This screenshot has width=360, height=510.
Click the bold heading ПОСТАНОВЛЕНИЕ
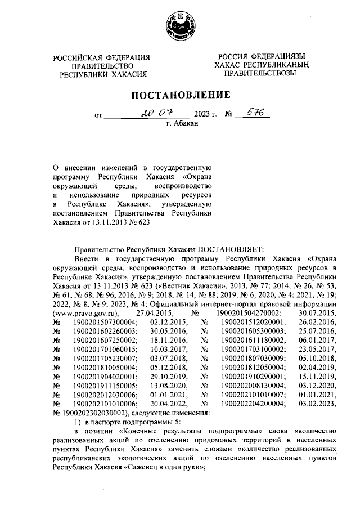[x=181, y=93]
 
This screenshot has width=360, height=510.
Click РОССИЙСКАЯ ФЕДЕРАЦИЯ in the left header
[x=102, y=57]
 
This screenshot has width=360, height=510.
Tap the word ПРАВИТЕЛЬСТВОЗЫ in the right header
[x=259, y=73]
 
